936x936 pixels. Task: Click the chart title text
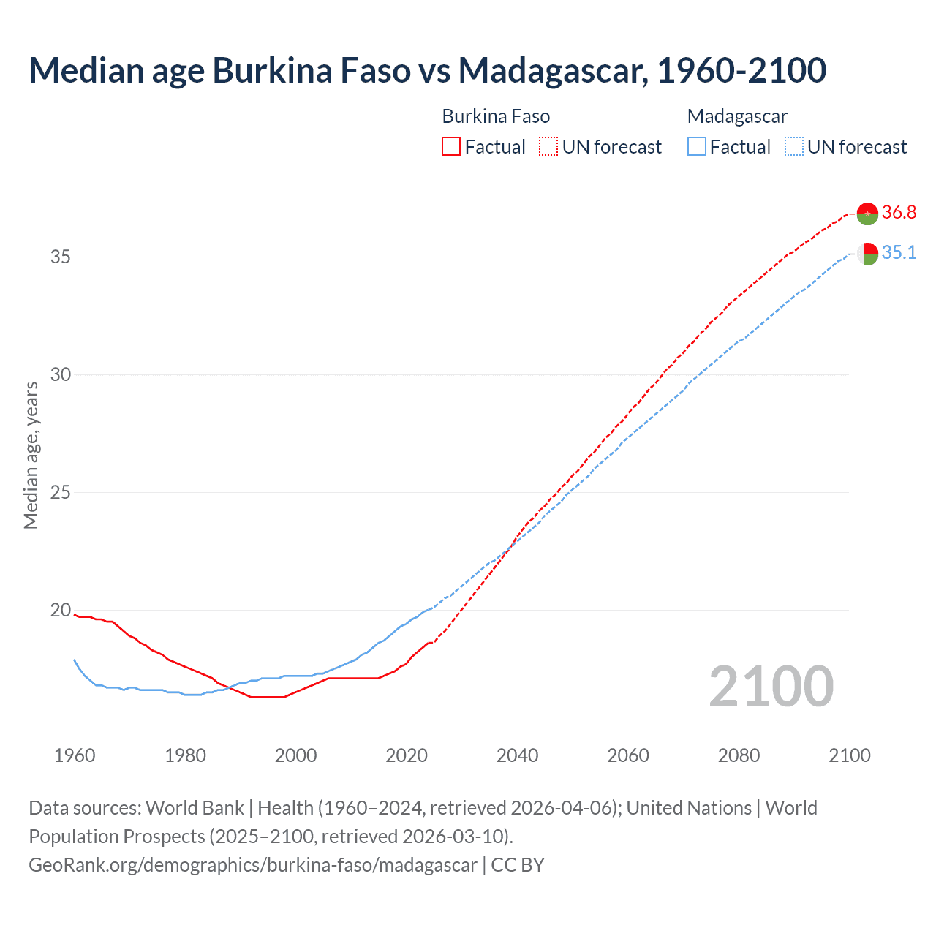click(x=428, y=71)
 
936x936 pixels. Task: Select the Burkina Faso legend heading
click(x=496, y=116)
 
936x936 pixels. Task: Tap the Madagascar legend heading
click(x=737, y=116)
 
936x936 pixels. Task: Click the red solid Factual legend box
click(x=451, y=147)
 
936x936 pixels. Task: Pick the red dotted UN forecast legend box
click(x=548, y=147)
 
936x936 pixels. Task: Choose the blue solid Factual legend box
click(x=697, y=147)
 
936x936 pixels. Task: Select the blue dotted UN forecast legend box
click(x=794, y=147)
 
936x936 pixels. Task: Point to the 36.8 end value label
click(x=899, y=213)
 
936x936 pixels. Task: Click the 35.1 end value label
click(x=899, y=253)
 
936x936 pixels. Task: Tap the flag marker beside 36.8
click(x=867, y=214)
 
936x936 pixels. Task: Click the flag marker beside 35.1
click(x=867, y=254)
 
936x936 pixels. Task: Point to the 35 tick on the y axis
click(x=61, y=257)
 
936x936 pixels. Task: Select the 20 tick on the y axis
click(x=61, y=610)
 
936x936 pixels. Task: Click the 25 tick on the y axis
click(x=61, y=492)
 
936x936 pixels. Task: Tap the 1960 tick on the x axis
click(x=75, y=755)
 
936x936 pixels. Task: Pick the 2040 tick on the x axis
click(x=517, y=755)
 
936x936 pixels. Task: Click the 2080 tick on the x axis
click(x=739, y=755)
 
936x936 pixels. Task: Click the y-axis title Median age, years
click(x=31, y=455)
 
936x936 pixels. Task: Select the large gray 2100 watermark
click(x=771, y=687)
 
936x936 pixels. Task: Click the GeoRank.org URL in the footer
click(x=252, y=865)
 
